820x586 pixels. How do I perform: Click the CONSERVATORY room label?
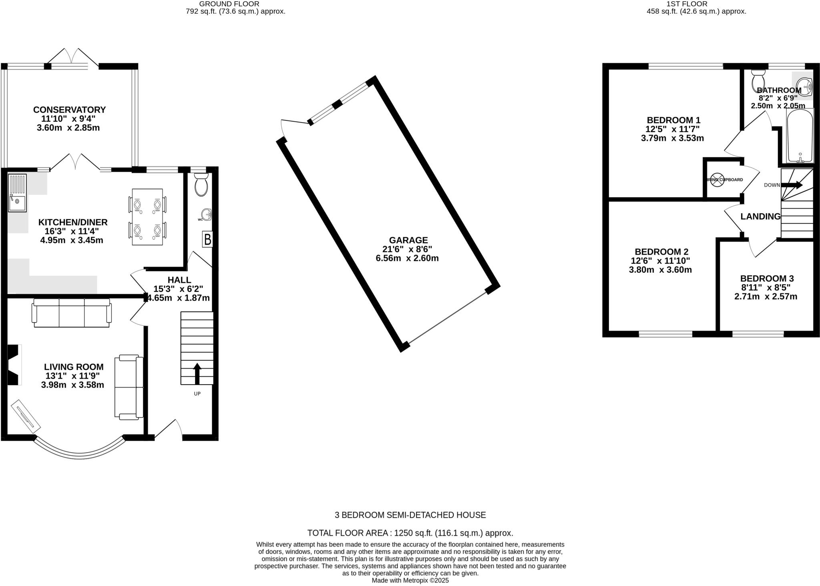(69, 110)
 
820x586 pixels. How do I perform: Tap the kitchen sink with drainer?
(17, 193)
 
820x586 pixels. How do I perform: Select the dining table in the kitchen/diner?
(147, 217)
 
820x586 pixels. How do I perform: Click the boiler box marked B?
(207, 239)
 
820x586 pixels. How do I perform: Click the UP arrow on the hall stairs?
(197, 373)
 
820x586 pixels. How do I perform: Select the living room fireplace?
(13, 365)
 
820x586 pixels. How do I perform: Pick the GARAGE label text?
(408, 240)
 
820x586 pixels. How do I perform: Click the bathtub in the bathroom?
(800, 136)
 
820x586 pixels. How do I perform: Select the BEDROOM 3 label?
(767, 279)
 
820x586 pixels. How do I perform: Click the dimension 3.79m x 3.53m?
(672, 138)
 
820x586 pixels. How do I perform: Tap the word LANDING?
(760, 217)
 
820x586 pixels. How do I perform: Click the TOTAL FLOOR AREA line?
(410, 533)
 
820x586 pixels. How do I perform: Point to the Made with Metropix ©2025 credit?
(410, 580)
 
